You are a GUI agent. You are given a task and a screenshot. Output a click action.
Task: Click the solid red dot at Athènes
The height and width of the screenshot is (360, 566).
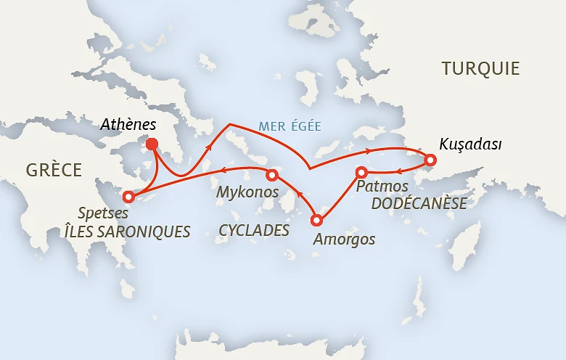click(x=152, y=144)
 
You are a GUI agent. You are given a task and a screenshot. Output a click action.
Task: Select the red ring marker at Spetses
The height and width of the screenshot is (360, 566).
click(x=128, y=196)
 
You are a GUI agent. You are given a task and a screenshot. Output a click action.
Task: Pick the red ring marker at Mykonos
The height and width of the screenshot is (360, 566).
click(x=272, y=175)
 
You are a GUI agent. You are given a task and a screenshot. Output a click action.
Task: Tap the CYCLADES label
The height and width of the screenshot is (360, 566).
click(x=254, y=231)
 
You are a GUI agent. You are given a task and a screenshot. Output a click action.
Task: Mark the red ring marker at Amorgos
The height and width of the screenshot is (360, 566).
click(x=316, y=220)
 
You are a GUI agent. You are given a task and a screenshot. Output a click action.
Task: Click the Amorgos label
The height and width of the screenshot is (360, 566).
click(x=343, y=239)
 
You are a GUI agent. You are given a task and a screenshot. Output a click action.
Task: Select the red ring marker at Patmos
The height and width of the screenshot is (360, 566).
click(x=361, y=172)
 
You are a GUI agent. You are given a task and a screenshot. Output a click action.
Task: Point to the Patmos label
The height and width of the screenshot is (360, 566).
click(x=377, y=187)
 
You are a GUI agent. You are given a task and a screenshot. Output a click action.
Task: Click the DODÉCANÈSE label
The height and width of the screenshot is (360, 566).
click(x=419, y=204)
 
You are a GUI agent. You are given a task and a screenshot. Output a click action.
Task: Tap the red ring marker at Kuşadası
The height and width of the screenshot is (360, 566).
click(x=430, y=160)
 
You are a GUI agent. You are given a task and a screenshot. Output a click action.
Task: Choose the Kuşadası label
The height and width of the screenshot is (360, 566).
click(x=471, y=144)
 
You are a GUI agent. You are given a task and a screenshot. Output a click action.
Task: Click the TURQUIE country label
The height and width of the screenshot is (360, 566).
click(x=480, y=69)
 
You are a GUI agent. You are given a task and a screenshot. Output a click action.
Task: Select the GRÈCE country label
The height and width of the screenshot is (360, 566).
click(x=54, y=170)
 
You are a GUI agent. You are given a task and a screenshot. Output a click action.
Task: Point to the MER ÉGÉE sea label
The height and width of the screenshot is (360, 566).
click(x=290, y=126)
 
